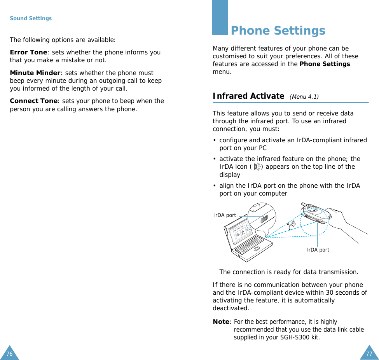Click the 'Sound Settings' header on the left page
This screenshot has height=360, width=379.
pos(31,18)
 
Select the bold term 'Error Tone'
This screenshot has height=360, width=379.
pos(28,52)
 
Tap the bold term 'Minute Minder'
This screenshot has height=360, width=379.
pos(35,73)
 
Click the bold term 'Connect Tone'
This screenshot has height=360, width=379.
pos(33,101)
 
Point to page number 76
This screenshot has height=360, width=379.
pos(9,354)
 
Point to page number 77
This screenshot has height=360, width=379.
pos(369,354)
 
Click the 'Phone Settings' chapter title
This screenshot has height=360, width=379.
pos(278,31)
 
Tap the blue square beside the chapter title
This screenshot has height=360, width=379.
pos(220,17)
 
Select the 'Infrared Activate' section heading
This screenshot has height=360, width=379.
pos(248,96)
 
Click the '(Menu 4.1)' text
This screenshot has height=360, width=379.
pos(304,97)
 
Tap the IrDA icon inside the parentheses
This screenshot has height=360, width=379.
pos(257,167)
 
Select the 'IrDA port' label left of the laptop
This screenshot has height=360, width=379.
pos(225,215)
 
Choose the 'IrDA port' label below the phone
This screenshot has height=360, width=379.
pos(318,250)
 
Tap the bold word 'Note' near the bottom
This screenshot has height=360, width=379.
pos(221,322)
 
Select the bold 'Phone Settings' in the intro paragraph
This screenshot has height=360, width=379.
pos(325,64)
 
